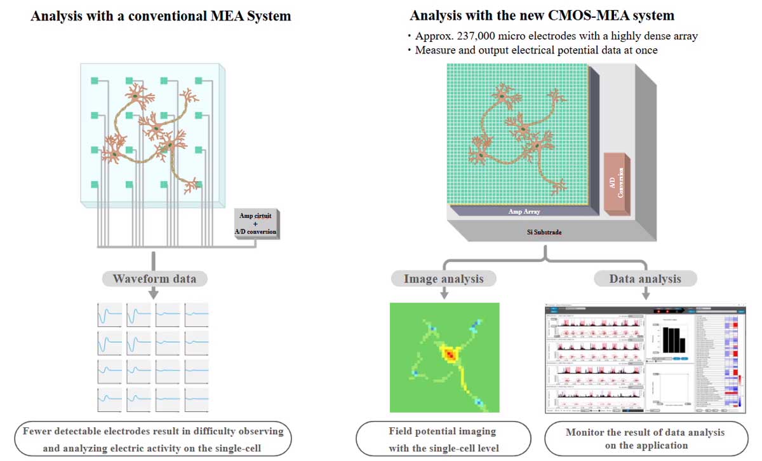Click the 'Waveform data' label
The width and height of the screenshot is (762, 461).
pyautogui.click(x=154, y=279)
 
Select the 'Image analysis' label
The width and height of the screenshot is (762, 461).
pyautogui.click(x=444, y=279)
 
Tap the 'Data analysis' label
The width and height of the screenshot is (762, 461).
pyautogui.click(x=645, y=279)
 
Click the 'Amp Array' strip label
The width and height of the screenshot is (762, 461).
pyautogui.click(x=524, y=211)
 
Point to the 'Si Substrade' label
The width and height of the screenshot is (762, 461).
pyautogui.click(x=544, y=232)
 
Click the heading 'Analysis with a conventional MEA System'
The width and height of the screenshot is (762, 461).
pyautogui.click(x=161, y=16)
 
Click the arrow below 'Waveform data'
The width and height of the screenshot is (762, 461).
pyautogui.click(x=154, y=293)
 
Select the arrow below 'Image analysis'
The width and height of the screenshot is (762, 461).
pyautogui.click(x=444, y=293)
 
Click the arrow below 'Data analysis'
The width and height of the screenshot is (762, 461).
pyautogui.click(x=645, y=293)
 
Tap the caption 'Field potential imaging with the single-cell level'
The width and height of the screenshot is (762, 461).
pyautogui.click(x=443, y=439)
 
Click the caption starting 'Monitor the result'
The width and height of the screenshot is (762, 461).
pyautogui.click(x=645, y=439)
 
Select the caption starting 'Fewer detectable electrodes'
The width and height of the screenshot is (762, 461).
pyautogui.click(x=152, y=439)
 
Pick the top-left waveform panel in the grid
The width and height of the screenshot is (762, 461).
pyautogui.click(x=110, y=315)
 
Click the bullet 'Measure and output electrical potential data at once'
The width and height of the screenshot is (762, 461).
pyautogui.click(x=536, y=50)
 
